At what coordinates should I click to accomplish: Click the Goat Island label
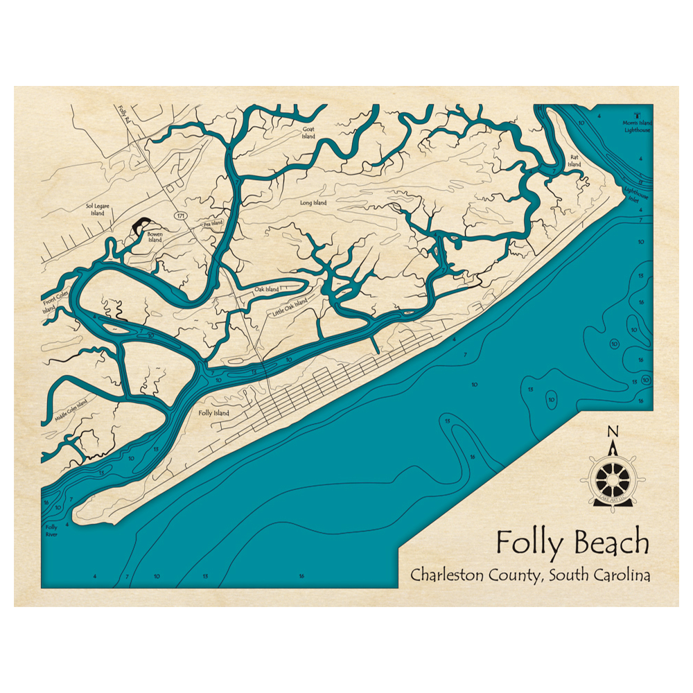point(308,133)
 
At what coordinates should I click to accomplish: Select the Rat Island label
point(574,161)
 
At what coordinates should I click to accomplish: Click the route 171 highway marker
point(181,216)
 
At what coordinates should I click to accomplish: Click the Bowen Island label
point(154,237)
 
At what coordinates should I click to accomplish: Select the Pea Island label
point(212,224)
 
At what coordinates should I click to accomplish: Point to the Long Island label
point(313,203)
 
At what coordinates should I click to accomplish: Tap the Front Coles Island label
point(49,305)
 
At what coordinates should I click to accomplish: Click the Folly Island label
point(213,413)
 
